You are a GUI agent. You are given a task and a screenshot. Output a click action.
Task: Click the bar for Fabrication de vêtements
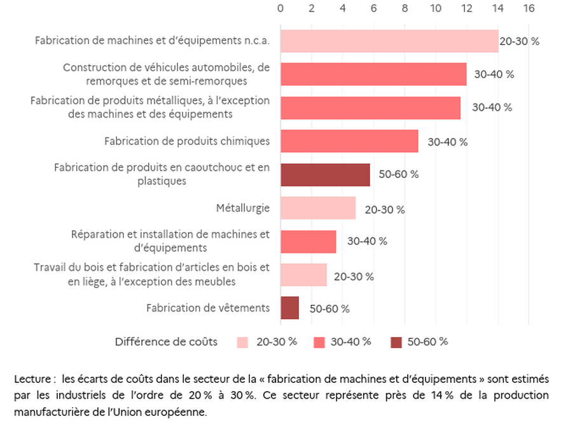(289, 308)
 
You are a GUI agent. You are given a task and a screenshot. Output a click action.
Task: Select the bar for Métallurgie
(317, 208)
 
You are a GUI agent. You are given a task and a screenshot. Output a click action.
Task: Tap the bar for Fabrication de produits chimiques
(349, 141)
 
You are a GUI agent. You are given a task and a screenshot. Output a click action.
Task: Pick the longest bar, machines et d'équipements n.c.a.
(389, 41)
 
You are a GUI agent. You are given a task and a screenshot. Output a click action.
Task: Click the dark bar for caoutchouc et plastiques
(324, 174)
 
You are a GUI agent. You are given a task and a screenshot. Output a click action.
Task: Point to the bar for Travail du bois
(303, 275)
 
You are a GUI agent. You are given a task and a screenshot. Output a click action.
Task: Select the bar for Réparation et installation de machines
(308, 242)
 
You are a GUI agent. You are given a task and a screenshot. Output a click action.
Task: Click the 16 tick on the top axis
(529, 8)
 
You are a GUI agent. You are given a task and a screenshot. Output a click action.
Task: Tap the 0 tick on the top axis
(281, 8)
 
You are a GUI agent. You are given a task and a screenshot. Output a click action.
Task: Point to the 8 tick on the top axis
(405, 8)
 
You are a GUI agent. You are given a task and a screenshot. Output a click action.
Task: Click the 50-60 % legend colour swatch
(396, 342)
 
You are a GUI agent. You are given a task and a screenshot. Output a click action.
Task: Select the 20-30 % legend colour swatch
(243, 342)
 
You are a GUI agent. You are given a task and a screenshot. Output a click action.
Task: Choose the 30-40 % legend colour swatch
(320, 342)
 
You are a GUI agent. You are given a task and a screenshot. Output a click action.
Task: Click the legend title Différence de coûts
(166, 342)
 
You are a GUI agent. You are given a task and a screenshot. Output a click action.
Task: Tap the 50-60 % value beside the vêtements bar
(329, 309)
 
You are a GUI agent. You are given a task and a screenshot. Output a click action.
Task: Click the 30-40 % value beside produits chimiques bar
(447, 142)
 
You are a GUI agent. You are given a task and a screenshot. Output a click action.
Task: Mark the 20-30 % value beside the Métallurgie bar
(384, 209)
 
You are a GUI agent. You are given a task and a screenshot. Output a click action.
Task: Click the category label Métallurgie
(243, 208)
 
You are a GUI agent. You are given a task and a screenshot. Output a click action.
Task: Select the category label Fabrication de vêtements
(208, 308)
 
